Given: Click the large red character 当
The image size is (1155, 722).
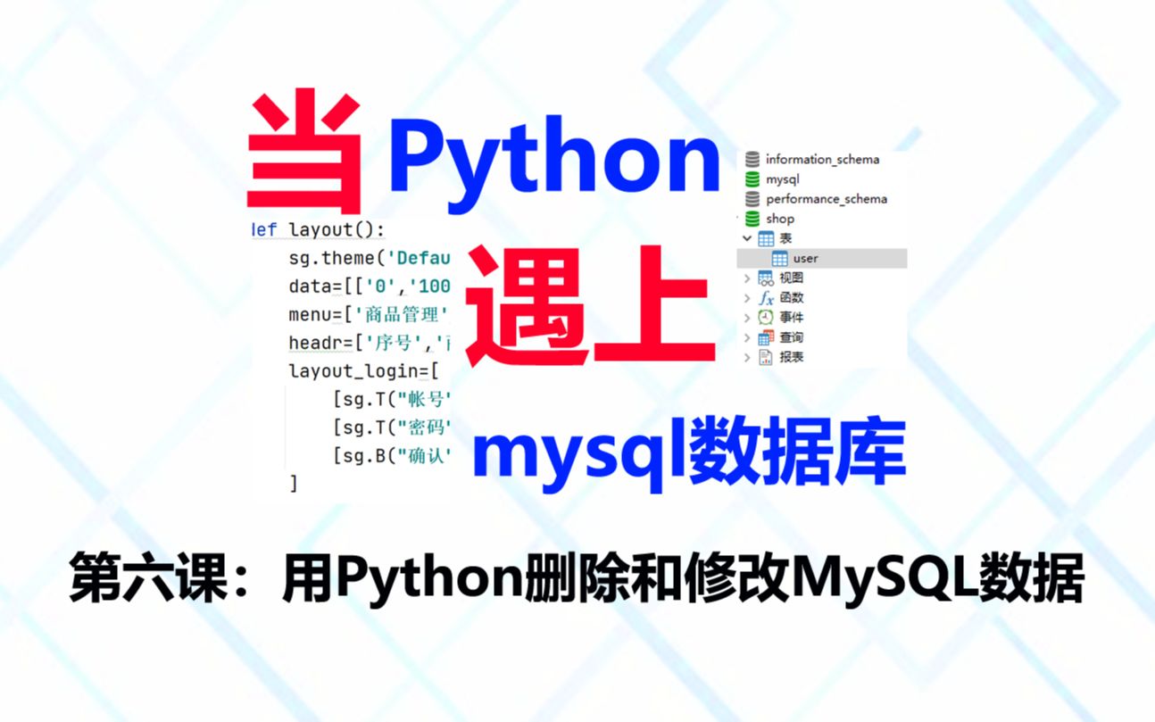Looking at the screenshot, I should point(304,157).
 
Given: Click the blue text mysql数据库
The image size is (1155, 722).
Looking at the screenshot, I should point(689,450).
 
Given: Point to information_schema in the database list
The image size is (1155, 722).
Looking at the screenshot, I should point(821,160).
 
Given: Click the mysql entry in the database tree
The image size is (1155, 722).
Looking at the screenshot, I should point(782,179).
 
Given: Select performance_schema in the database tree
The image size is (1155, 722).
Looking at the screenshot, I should point(826,199).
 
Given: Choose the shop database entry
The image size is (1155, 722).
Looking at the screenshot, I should point(779,219).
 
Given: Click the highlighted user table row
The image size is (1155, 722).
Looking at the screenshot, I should point(804,259).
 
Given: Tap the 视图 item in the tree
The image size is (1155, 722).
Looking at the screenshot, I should point(791,278).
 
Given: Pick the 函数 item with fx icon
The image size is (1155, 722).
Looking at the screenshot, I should point(791,298).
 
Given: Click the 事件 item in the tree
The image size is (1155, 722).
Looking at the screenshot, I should point(791,318).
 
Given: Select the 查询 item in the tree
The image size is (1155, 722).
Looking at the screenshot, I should point(791,337).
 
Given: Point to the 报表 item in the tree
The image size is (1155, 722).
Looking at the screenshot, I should point(791,357).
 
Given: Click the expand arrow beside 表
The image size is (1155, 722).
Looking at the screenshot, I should point(747,238).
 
